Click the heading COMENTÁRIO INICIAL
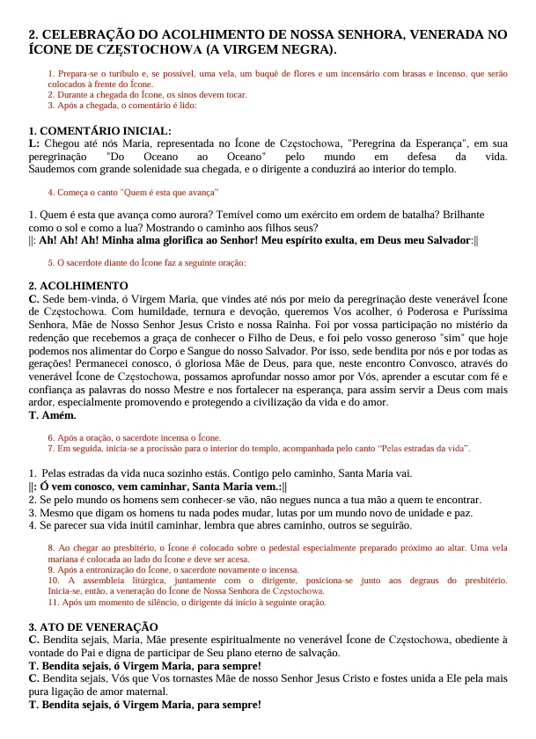(x=106, y=131)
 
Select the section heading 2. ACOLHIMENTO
(x=78, y=286)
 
